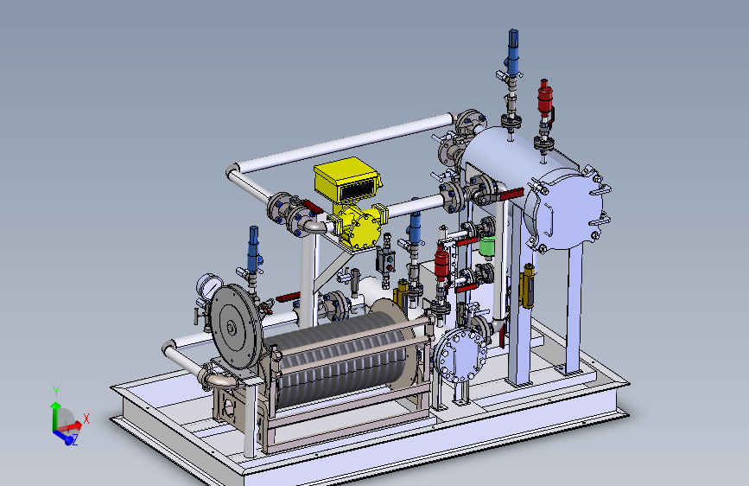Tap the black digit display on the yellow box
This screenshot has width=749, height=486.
pyautogui.click(x=357, y=189)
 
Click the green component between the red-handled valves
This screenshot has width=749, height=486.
pyautogui.click(x=486, y=246)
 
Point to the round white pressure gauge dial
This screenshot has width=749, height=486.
pyautogui.click(x=209, y=285)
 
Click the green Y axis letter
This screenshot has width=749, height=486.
pyautogui.click(x=56, y=391)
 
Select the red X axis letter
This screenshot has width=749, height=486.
pyautogui.click(x=86, y=419)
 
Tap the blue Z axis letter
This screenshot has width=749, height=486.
pyautogui.click(x=74, y=440)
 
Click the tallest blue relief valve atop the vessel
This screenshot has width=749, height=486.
pyautogui.click(x=512, y=53)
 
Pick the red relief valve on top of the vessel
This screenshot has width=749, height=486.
pyautogui.click(x=544, y=99)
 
